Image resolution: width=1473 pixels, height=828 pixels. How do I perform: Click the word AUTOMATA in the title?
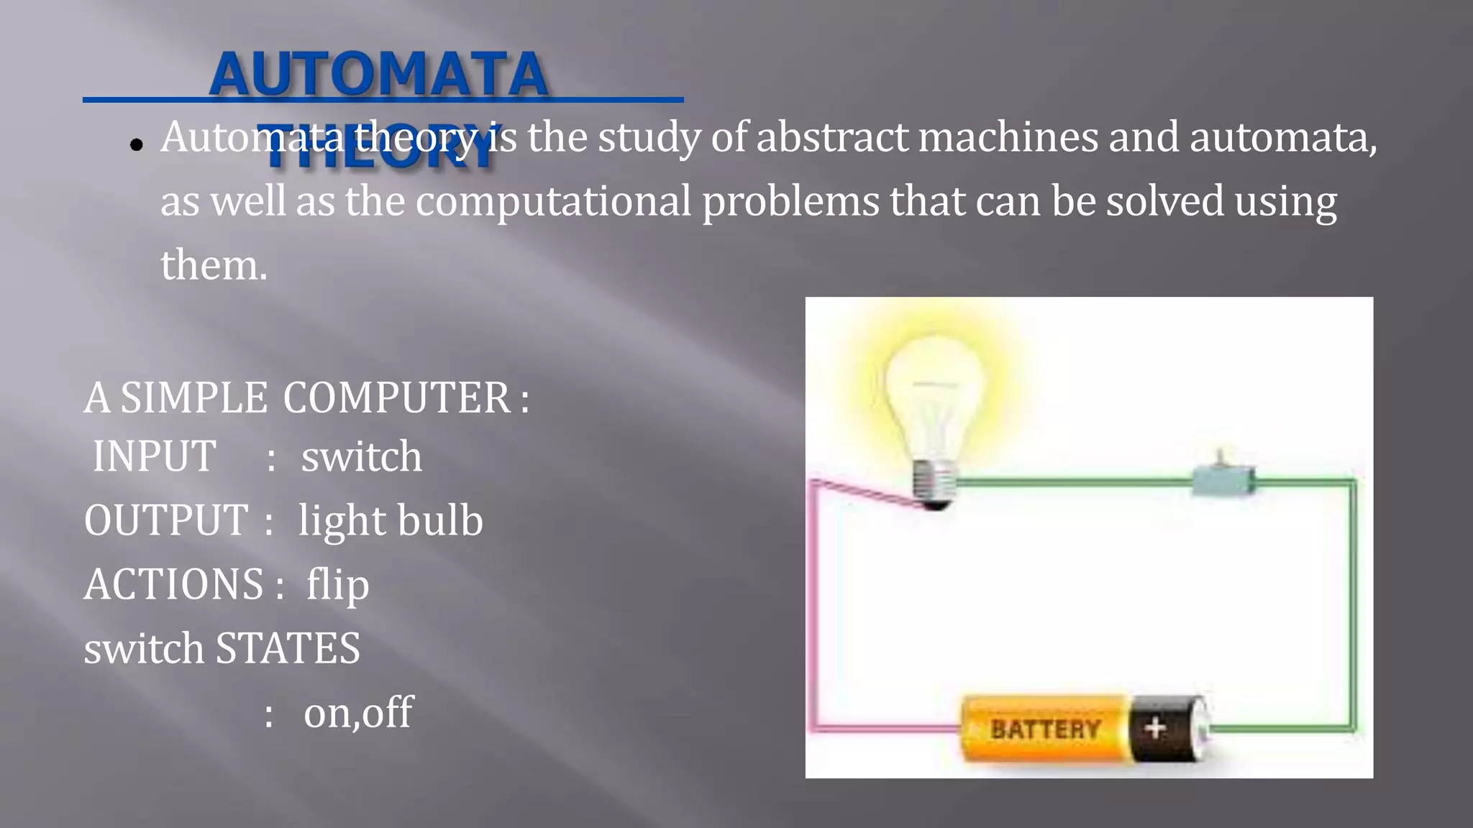[379, 74]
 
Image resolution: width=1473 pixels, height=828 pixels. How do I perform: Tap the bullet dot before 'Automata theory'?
[137, 144]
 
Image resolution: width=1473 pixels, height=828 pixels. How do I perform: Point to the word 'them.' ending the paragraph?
[214, 265]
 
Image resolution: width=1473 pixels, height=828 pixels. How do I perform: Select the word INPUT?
[154, 456]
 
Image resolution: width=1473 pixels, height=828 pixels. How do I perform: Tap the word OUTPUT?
[166, 520]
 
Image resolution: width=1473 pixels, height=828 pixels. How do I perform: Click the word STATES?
[288, 648]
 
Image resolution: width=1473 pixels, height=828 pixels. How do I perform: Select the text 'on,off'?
[357, 713]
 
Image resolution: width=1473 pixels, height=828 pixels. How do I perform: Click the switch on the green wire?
[1223, 478]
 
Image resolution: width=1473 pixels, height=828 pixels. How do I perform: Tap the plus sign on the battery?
[1155, 728]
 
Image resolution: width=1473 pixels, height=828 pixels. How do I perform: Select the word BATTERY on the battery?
[1045, 730]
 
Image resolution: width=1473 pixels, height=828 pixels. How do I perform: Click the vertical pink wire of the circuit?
[814, 611]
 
